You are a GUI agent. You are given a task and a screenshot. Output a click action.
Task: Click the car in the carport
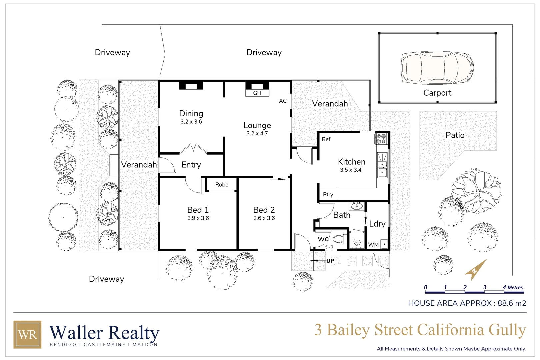click(x=437, y=68)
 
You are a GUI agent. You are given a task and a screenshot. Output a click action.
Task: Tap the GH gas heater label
click(x=257, y=93)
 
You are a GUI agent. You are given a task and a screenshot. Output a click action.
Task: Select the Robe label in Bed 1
click(x=222, y=185)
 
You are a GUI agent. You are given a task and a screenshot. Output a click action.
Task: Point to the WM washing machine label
click(x=373, y=245)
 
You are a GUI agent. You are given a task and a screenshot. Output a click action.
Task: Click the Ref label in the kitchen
click(x=326, y=139)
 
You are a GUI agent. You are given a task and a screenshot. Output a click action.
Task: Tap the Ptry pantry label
click(x=328, y=194)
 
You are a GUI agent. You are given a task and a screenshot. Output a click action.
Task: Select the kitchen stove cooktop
click(x=381, y=139)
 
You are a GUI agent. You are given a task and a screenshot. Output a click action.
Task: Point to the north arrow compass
click(x=476, y=269)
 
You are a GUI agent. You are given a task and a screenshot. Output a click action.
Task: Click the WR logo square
click(x=27, y=334)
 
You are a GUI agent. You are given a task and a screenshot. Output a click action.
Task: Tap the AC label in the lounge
click(x=283, y=101)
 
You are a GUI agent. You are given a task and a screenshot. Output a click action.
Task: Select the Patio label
click(x=455, y=135)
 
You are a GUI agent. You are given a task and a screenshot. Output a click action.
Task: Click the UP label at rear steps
click(x=330, y=261)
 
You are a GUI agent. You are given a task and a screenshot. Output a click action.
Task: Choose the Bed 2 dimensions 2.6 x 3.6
click(x=264, y=218)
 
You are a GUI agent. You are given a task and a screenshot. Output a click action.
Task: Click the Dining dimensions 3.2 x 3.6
click(x=191, y=122)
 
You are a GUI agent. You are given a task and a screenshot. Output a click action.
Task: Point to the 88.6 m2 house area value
click(x=512, y=303)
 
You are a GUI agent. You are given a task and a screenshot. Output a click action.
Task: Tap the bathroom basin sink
click(x=357, y=205)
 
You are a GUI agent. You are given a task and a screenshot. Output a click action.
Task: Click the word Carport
click(x=437, y=93)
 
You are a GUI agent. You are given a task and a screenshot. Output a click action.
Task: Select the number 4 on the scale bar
click(x=504, y=287)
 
